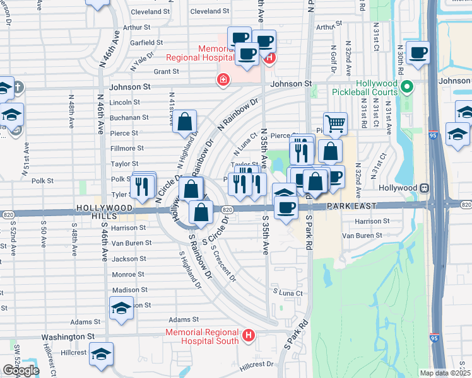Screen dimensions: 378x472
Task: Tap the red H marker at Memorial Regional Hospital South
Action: (249, 335)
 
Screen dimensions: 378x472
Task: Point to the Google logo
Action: (20, 370)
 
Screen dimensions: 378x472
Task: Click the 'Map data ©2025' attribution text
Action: (445, 373)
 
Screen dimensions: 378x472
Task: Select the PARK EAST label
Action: (351, 206)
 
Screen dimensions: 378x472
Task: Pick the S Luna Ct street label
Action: (288, 292)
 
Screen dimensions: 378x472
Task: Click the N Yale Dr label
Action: (142, 61)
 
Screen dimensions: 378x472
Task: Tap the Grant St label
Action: (167, 72)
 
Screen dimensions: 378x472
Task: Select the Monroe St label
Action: (128, 275)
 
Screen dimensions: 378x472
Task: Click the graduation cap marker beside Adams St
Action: (121, 307)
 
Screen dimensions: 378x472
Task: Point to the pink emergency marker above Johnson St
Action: (223, 79)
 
